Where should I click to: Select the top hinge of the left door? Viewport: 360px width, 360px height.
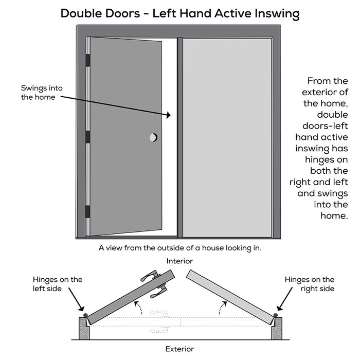(87, 60)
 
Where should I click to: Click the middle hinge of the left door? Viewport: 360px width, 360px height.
(87, 136)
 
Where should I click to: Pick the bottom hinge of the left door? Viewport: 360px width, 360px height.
(87, 211)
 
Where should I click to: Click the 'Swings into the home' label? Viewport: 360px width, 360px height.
(42, 93)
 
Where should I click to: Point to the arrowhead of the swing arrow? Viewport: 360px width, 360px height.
(168, 116)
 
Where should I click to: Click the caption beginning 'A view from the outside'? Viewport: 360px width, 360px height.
(180, 248)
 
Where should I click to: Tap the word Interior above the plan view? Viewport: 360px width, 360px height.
(179, 261)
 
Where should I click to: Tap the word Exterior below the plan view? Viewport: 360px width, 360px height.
(179, 349)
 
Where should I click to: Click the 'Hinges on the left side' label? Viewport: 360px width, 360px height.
(57, 284)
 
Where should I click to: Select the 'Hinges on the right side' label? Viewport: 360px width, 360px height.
(309, 284)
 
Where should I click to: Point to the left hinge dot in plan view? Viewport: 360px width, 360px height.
(84, 313)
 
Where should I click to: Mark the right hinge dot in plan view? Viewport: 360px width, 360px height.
(276, 314)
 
